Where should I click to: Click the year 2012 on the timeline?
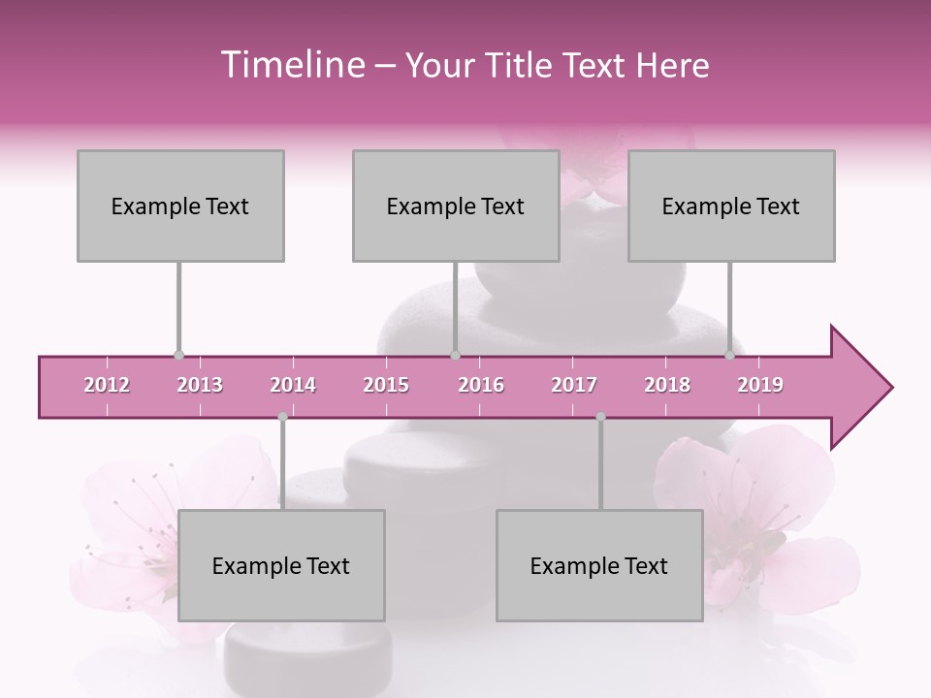pyautogui.click(x=107, y=385)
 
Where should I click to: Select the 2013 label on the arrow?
pyautogui.click(x=200, y=385)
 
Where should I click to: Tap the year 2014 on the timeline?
pyautogui.click(x=293, y=385)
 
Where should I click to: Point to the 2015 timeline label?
pyautogui.click(x=386, y=385)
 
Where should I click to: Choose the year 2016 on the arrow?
pyautogui.click(x=481, y=385)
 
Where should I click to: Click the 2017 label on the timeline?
pyautogui.click(x=574, y=385)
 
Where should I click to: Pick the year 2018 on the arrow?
pyautogui.click(x=667, y=385)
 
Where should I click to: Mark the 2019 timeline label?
pyautogui.click(x=760, y=385)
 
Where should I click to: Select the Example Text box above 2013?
pyautogui.click(x=180, y=206)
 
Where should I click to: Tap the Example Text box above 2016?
pyautogui.click(x=456, y=206)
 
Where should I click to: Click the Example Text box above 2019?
pyautogui.click(x=731, y=206)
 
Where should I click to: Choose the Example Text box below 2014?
pyautogui.click(x=281, y=565)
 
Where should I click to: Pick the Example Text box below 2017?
pyautogui.click(x=599, y=565)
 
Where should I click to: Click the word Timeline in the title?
pyautogui.click(x=291, y=65)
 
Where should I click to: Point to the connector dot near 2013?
pyautogui.click(x=178, y=356)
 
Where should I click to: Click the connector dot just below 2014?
pyautogui.click(x=282, y=417)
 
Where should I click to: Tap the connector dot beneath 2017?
pyautogui.click(x=600, y=417)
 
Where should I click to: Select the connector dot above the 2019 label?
pyautogui.click(x=729, y=356)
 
